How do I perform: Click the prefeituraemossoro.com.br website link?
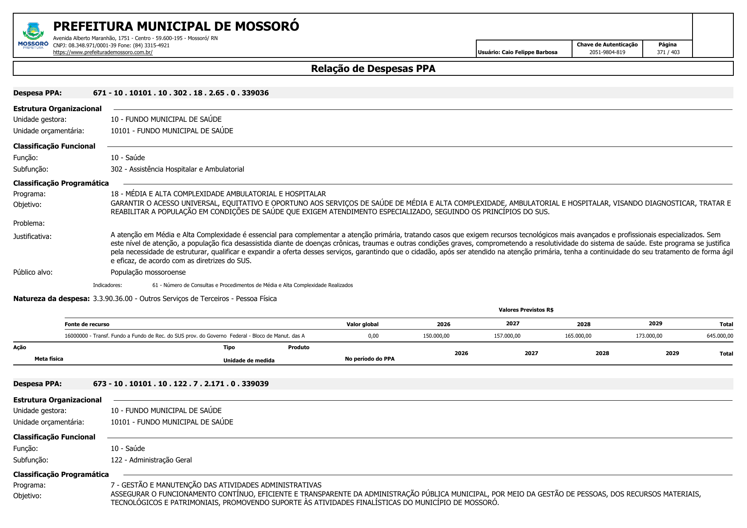click(103, 52)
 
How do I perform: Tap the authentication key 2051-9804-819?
click(607, 52)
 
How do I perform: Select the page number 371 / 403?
click(668, 52)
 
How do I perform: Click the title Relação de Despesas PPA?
click(373, 69)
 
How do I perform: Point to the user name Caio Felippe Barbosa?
click(529, 52)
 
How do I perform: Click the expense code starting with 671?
click(181, 93)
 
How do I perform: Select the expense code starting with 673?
click(181, 384)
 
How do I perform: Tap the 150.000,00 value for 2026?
click(436, 336)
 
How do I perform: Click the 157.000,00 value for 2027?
click(507, 336)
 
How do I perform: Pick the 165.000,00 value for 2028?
click(578, 336)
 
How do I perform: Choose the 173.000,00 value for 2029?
click(649, 336)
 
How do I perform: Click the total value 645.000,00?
click(720, 336)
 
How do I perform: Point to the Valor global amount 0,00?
click(373, 336)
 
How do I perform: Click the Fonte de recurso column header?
click(87, 324)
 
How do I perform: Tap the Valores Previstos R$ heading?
click(526, 310)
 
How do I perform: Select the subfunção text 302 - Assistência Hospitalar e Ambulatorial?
click(177, 169)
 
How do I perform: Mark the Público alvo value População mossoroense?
click(148, 272)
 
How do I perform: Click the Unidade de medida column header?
click(249, 361)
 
